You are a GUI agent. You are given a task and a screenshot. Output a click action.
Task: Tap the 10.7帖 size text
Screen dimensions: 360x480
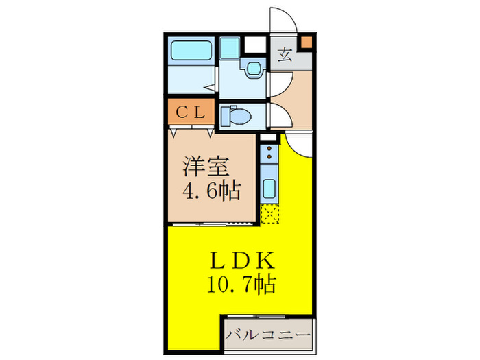click(241, 284)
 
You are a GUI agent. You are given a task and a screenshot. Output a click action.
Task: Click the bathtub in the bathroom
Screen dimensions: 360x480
click(191, 51)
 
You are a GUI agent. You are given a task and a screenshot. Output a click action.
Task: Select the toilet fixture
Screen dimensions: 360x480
click(236, 116)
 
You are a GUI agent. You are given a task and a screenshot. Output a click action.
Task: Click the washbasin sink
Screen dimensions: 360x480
click(254, 68)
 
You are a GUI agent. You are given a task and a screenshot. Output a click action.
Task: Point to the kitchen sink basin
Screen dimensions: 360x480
click(269, 187)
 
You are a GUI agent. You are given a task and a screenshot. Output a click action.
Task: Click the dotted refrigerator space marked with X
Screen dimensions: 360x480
click(269, 215)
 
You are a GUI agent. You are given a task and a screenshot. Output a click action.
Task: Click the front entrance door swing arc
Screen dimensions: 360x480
click(283, 20)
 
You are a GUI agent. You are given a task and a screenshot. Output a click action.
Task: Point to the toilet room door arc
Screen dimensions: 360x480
click(278, 113)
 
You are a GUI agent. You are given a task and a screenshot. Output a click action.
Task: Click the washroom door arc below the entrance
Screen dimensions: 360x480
click(278, 84)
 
